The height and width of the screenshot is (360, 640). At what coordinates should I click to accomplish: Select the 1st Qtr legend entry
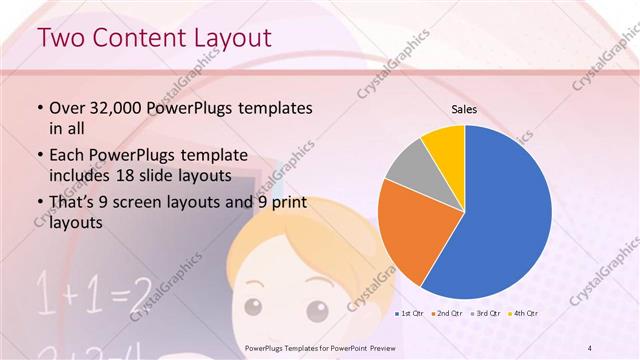(408, 314)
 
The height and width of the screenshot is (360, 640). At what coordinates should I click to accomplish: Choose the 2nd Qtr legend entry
(446, 314)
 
